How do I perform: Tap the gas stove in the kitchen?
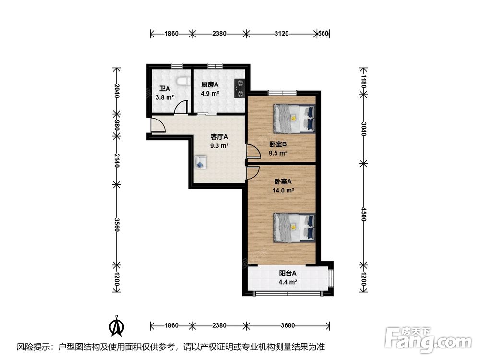coord(240,88)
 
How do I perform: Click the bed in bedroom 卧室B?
coord(294,119)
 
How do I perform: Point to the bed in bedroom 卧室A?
coord(294,228)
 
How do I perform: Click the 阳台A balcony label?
coord(288,273)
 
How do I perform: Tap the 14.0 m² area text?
coord(283,190)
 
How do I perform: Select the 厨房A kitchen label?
coord(210,84)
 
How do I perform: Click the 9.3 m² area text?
coord(219,146)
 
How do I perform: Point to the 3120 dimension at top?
coord(281,34)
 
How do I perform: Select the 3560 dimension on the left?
coord(116,224)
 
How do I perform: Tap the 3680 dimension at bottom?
coord(288,325)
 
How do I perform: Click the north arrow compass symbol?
coord(117,326)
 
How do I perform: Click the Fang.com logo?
coord(428,340)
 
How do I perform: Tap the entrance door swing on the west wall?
coord(158,125)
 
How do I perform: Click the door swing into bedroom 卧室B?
coord(254,152)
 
